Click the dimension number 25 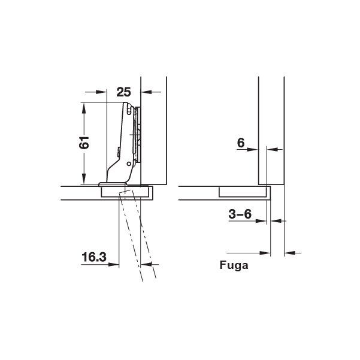click(x=123, y=92)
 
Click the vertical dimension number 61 click(x=84, y=143)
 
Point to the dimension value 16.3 click(x=94, y=257)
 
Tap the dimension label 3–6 click(x=240, y=214)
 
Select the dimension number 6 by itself click(x=241, y=143)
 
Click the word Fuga click(x=234, y=265)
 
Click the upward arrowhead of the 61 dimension click(x=84, y=108)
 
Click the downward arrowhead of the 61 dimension click(x=84, y=179)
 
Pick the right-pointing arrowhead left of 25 click(x=101, y=92)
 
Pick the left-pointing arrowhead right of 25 click(x=146, y=92)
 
